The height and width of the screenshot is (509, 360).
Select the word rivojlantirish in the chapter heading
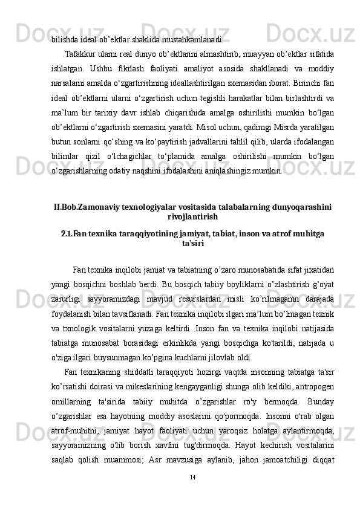point(192,216)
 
